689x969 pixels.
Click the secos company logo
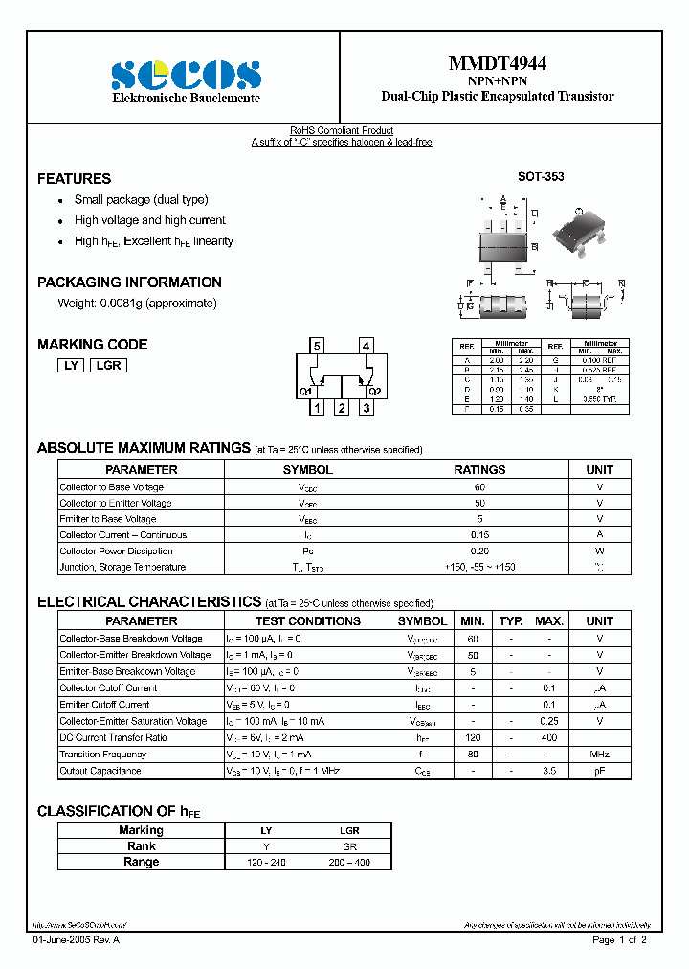coord(186,77)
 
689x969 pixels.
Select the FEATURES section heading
coord(74,179)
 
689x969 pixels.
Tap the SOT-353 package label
coord(541,177)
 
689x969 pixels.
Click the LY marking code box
coord(70,365)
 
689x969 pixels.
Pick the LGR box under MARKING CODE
coord(108,365)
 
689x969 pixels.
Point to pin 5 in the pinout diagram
coord(318,346)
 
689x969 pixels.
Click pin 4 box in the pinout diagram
coord(367,346)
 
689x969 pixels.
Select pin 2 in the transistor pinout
coord(342,409)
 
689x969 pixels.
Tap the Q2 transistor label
coord(374,391)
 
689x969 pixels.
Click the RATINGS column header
coord(479,470)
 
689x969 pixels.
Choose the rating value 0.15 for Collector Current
coord(479,535)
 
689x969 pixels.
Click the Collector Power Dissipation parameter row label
coord(116,552)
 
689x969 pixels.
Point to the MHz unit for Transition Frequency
coord(600,755)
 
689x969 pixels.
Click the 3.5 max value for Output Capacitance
coord(549,771)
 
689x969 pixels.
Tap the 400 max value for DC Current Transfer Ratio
coord(549,737)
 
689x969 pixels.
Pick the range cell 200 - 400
coord(349,863)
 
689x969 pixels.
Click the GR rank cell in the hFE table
coord(349,846)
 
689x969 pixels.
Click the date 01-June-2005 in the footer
coord(62,941)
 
